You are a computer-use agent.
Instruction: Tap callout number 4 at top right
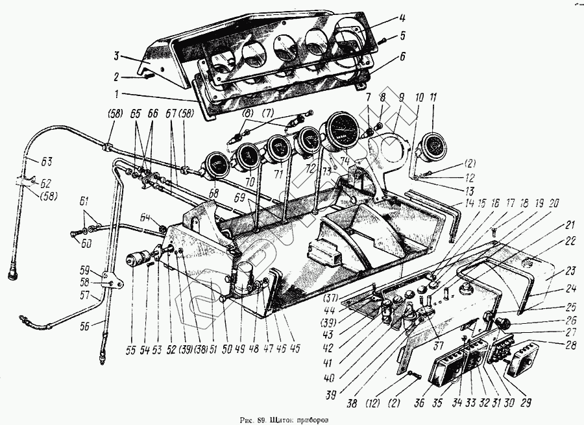coord(402,18)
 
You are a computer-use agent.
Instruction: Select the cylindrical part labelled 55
coord(138,260)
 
